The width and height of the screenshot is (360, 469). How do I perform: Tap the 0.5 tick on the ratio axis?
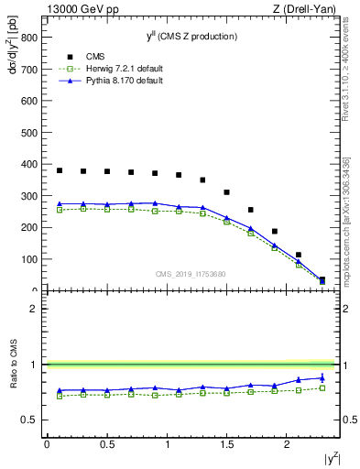(30, 420)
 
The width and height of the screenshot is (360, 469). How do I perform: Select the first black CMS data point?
(60, 170)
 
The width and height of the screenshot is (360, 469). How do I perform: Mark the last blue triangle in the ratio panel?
(322, 377)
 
